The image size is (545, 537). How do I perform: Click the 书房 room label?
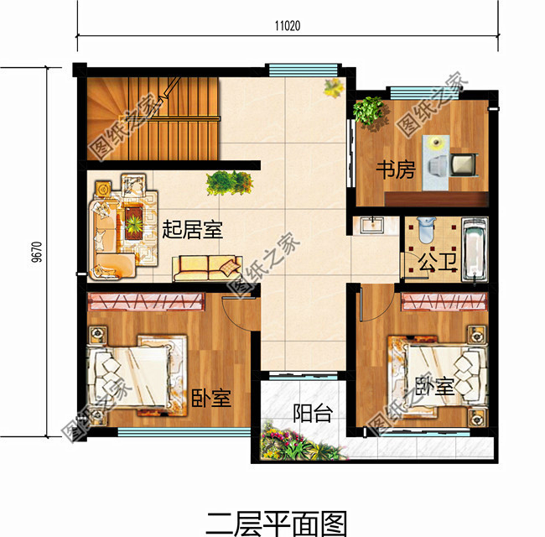395,170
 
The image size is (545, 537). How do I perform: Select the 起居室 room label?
192,229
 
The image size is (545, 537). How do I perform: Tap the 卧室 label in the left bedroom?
210,397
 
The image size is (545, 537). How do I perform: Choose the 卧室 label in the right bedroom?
435,387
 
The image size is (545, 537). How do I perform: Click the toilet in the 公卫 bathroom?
424,231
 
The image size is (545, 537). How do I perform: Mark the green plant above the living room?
229,181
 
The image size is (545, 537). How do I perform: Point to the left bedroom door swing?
243,315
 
